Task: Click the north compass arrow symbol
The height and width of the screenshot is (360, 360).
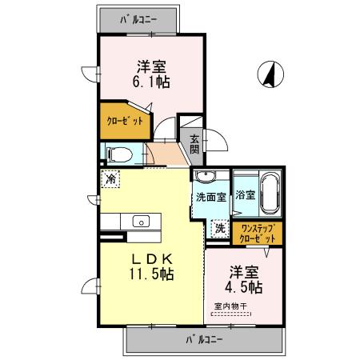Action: click(x=273, y=75)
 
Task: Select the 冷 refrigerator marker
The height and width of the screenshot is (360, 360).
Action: click(x=110, y=179)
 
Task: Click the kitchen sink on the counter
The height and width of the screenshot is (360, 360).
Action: click(x=141, y=222)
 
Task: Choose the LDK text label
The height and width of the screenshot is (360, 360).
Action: click(x=148, y=258)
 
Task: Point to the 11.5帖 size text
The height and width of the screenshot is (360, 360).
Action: click(x=148, y=274)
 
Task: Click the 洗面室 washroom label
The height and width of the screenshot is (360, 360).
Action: click(x=210, y=197)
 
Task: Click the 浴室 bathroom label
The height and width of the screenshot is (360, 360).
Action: click(x=246, y=194)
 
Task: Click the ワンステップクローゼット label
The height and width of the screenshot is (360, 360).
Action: click(x=258, y=234)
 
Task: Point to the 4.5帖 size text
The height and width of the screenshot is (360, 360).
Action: click(x=242, y=286)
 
